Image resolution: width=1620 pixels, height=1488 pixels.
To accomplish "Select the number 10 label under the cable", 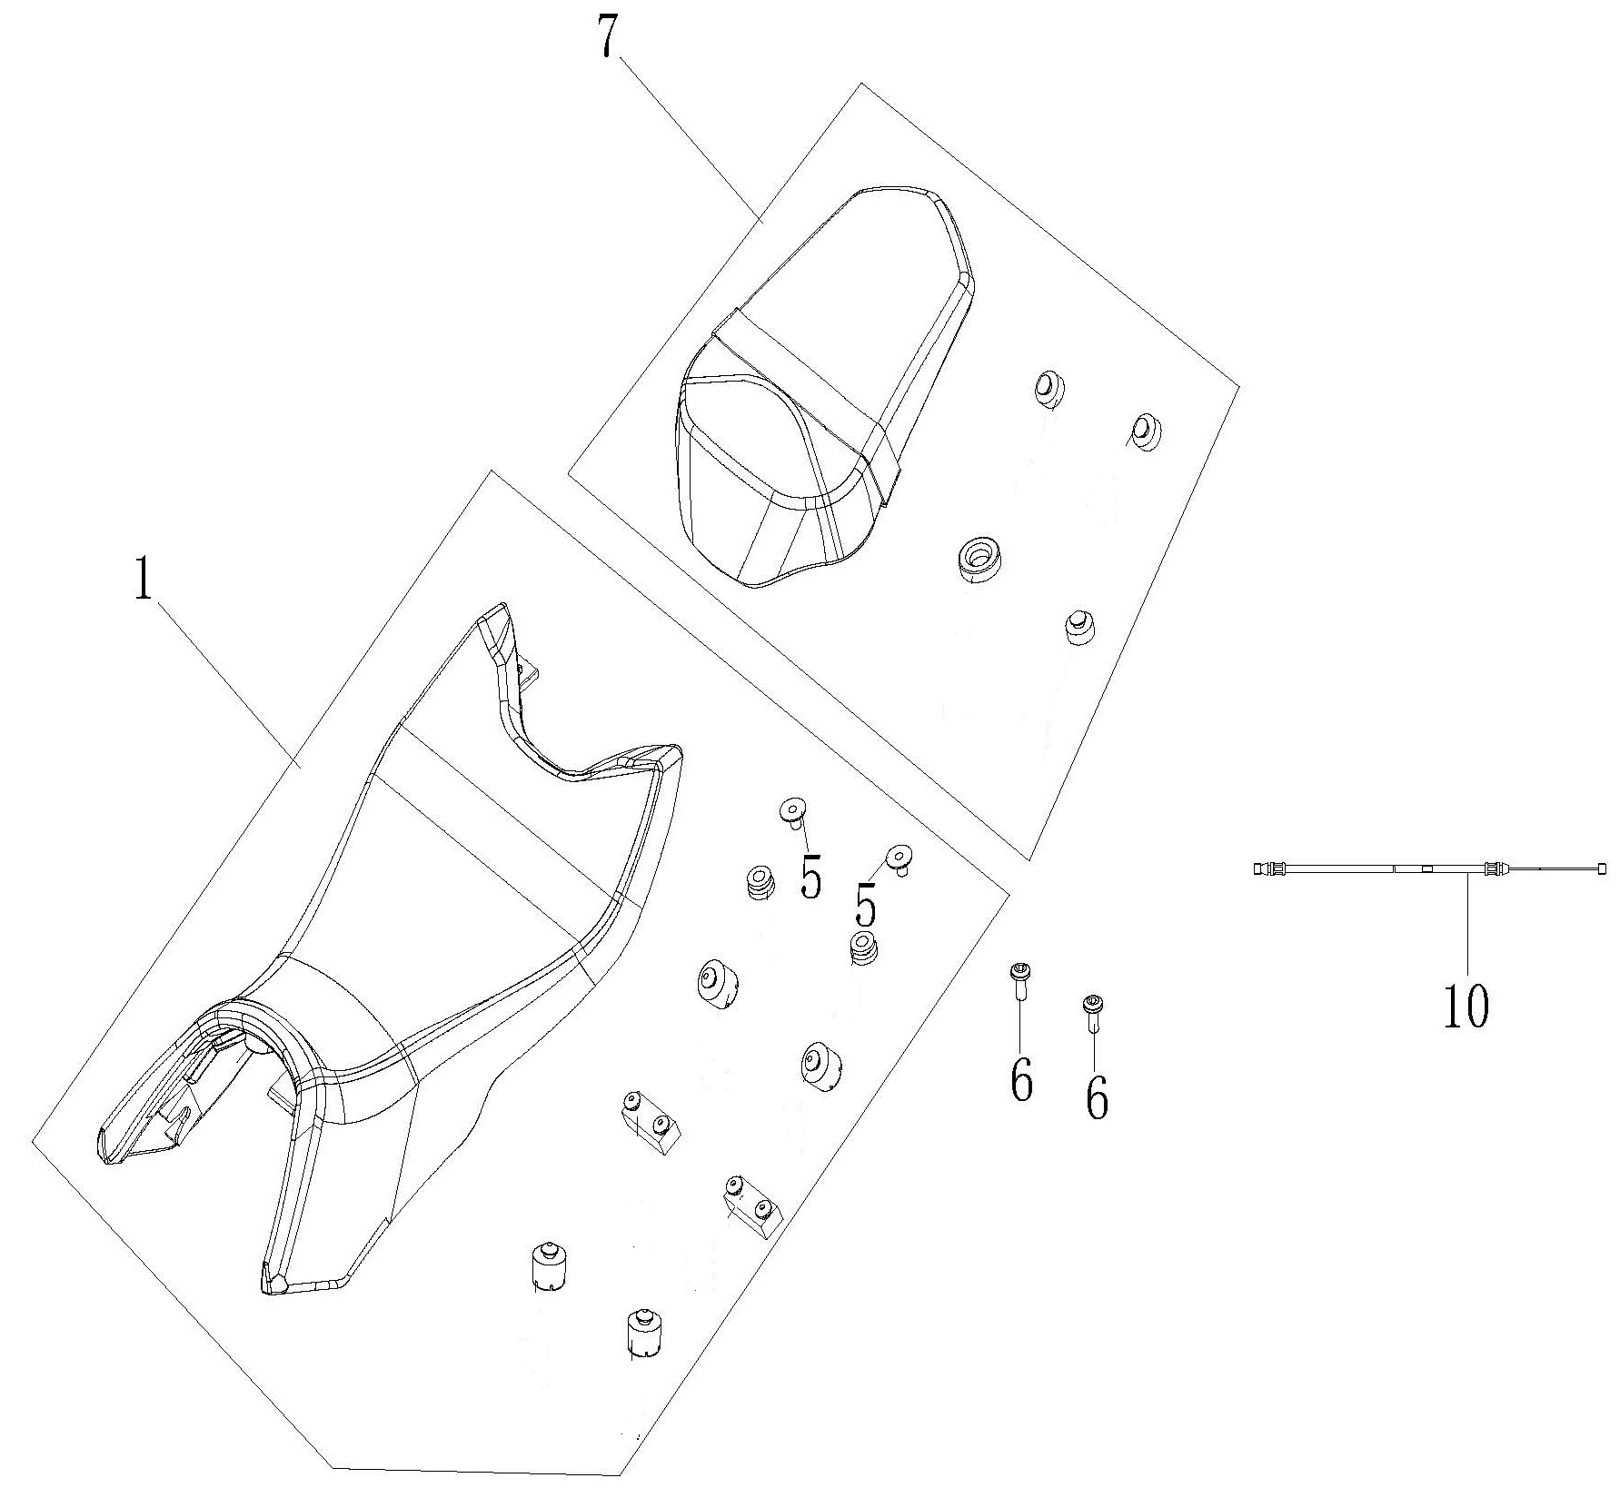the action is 1466,1006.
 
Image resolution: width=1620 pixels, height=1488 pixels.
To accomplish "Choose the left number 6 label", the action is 1022,1081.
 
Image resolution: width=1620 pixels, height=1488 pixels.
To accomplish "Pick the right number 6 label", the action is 1098,1098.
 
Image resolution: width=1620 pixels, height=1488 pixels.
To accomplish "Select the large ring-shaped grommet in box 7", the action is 979,558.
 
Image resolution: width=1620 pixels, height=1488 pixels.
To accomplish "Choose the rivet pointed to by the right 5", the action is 900,857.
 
